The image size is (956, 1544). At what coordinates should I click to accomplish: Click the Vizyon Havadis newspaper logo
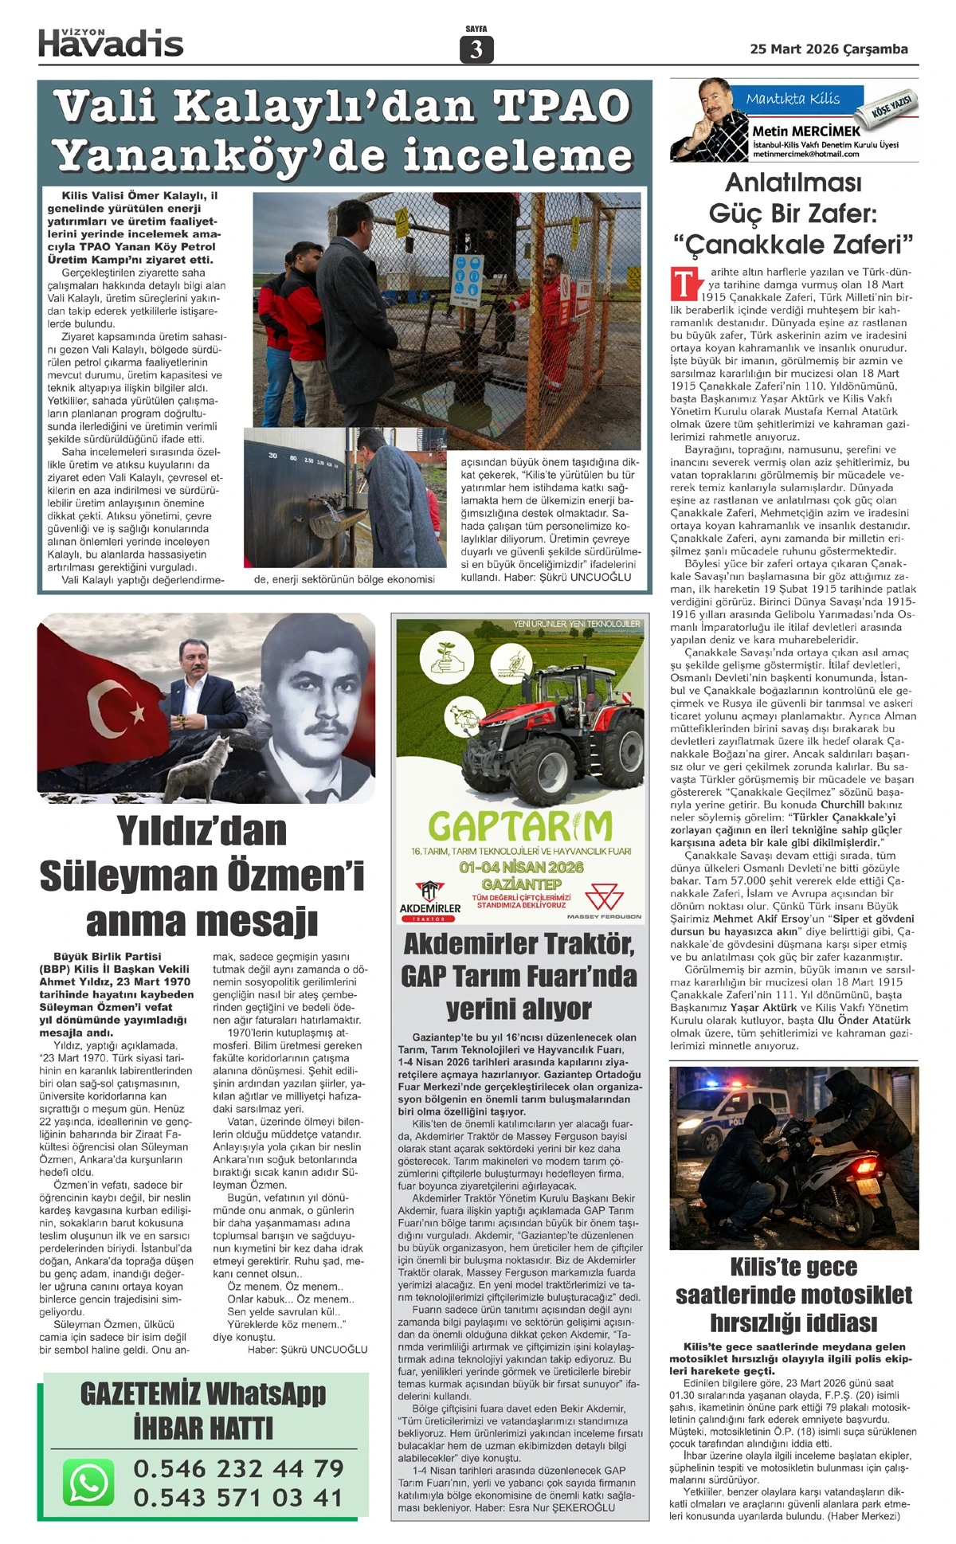tap(111, 41)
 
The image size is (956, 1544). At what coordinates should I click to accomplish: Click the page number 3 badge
tap(476, 49)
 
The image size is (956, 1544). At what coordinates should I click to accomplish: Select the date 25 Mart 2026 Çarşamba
tap(829, 49)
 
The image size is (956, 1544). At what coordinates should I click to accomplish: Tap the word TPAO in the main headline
tap(562, 106)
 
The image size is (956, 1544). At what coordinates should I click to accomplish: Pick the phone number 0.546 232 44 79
tap(238, 1468)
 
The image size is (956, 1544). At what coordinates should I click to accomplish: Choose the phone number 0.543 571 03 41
tap(238, 1497)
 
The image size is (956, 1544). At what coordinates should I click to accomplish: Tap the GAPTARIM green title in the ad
tap(520, 826)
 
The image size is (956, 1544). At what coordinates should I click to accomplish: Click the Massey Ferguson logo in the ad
tap(605, 903)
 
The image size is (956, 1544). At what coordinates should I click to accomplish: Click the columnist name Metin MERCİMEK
tap(806, 131)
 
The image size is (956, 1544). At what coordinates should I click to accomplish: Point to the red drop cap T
tap(684, 284)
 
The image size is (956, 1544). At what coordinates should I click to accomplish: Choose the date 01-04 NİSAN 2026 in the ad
tap(521, 866)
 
